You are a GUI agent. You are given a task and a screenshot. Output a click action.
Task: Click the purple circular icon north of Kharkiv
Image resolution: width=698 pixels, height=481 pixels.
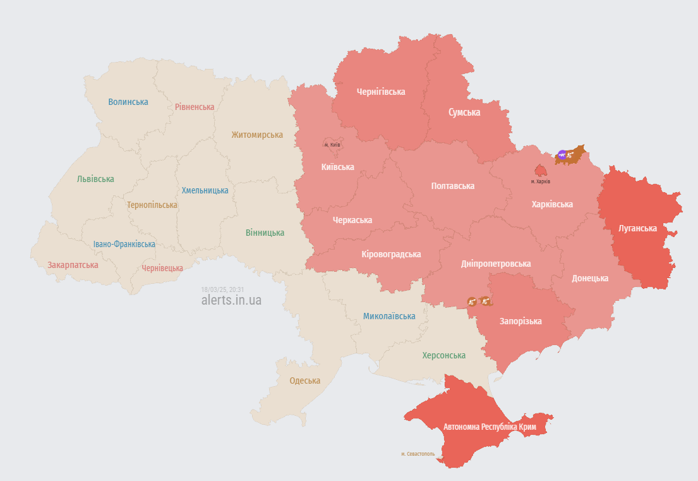562,154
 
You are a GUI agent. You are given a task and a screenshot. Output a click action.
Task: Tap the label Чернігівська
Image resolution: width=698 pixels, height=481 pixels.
381,92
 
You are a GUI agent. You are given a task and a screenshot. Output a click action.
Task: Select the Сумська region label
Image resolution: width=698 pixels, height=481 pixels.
464,113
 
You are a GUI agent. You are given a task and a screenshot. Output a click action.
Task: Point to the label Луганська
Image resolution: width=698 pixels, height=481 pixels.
638,228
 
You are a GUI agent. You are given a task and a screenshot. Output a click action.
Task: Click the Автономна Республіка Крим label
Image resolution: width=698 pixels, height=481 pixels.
490,427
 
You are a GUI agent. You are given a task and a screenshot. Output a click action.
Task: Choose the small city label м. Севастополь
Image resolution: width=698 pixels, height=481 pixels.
418,454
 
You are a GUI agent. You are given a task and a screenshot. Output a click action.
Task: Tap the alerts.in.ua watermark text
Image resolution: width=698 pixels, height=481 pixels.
231,300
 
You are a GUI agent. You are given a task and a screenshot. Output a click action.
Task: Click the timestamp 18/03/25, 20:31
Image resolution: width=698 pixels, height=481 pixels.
222,289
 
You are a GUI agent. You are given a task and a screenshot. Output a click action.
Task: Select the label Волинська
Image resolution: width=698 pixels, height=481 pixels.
128,102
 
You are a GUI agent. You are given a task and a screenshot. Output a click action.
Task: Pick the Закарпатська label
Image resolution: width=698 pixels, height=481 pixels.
73,265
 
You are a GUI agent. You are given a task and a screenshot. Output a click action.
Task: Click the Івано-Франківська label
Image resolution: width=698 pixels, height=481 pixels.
124,244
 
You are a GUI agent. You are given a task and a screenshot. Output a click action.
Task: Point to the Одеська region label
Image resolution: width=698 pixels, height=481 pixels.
304,381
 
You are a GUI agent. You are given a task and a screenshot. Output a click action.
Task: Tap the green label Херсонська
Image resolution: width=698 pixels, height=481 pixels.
443,355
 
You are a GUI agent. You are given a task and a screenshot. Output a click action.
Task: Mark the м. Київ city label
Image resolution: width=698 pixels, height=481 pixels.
332,145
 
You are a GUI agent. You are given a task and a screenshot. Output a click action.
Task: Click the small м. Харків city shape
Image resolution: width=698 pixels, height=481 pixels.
540,171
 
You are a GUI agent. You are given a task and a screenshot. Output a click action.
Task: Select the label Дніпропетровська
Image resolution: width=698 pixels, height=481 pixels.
496,264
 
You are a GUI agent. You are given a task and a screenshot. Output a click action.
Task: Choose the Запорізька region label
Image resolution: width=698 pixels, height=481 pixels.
520,321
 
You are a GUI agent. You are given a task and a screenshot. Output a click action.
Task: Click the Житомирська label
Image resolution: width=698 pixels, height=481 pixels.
257,135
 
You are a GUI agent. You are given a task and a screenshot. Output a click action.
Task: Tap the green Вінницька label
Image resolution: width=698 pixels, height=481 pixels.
265,233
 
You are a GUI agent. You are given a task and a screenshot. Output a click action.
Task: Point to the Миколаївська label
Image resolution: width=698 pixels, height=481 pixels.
389,316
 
